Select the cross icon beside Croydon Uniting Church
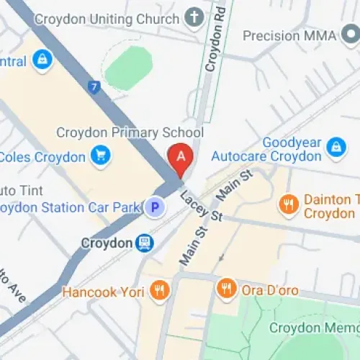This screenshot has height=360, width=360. pos(194,17)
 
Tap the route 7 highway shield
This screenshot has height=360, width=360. pos(94,88)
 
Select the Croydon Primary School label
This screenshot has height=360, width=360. pos(130,132)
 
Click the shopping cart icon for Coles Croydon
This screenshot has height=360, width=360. pos(101,156)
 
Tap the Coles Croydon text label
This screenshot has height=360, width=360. pos(43,156)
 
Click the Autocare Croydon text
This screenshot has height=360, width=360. pos(266,156)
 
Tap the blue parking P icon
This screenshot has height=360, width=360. pos(153,208)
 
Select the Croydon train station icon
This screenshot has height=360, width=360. pos(145,243)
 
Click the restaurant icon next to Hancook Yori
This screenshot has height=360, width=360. pos(159,291)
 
